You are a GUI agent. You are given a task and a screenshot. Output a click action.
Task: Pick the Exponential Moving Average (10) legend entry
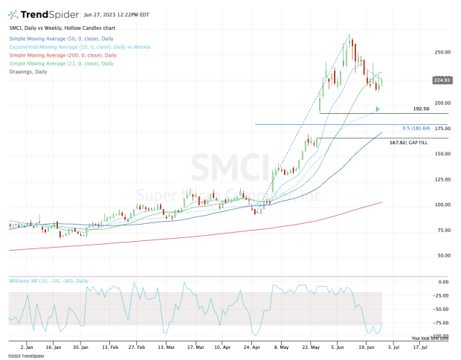coord(80,47)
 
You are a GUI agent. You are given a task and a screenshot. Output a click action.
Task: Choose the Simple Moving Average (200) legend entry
coord(63,55)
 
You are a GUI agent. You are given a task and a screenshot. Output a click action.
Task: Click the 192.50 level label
coord(422,109)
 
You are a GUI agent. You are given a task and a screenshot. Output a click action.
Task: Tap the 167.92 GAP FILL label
coord(409,142)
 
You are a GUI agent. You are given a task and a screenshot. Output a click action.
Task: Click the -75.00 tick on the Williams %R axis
coord(441,323)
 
